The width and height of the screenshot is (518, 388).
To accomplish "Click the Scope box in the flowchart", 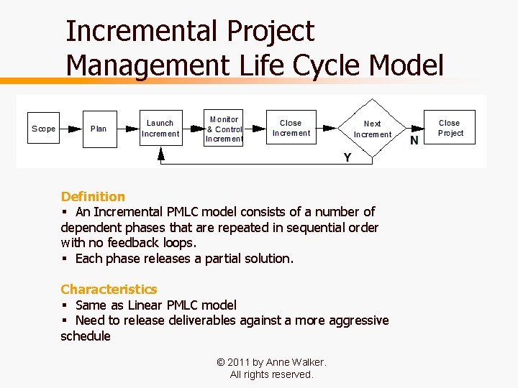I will click(43, 129).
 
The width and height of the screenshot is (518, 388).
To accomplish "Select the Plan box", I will click(99, 129).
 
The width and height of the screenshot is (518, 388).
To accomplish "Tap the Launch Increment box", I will click(160, 129).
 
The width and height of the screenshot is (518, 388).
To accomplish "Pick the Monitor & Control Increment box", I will click(223, 129).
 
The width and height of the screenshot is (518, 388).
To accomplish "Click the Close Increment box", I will click(291, 129).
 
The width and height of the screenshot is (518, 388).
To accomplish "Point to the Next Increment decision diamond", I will click(372, 129).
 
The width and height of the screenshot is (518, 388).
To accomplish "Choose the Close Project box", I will click(450, 129).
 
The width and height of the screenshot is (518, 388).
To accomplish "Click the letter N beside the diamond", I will click(414, 140).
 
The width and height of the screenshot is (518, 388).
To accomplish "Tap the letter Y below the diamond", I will click(347, 157).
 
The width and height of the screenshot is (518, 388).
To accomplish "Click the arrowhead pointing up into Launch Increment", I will click(160, 153).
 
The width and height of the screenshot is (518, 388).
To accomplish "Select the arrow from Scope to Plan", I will click(71, 129).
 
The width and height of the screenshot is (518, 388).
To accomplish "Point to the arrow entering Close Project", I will click(417, 129).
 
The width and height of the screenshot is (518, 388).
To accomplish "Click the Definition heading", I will click(93, 196).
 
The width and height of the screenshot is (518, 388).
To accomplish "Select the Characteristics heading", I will click(109, 289).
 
